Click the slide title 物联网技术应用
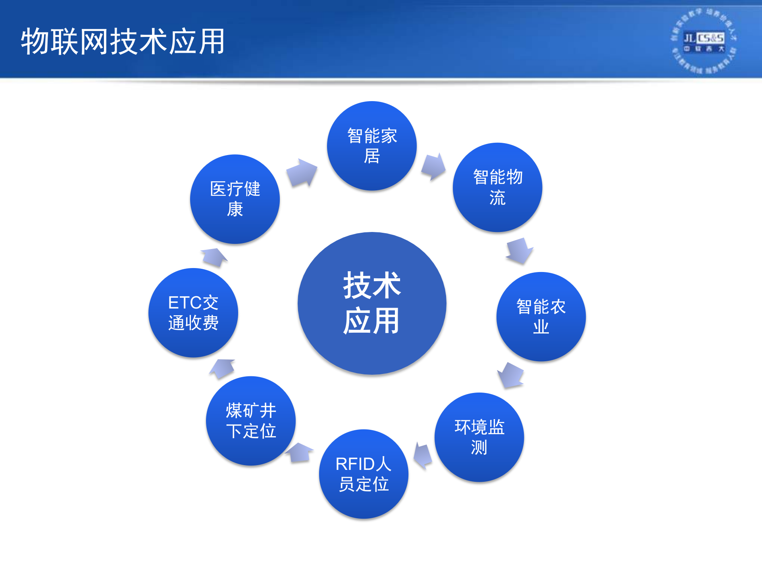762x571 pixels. (123, 41)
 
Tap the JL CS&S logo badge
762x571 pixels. (703, 40)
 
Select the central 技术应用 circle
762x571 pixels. (372, 303)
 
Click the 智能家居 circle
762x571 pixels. (372, 146)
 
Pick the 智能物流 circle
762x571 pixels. (497, 187)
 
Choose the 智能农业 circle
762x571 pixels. (541, 316)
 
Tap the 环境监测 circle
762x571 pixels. (479, 437)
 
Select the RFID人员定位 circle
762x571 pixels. (364, 474)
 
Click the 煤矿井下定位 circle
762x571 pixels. (251, 421)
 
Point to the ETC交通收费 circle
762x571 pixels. (193, 312)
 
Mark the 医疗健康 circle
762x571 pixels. (235, 199)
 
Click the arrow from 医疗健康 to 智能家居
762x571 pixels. (302, 172)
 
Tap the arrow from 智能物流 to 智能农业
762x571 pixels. (520, 251)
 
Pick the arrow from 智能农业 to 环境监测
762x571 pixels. (511, 375)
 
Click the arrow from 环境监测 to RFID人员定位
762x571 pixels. (423, 456)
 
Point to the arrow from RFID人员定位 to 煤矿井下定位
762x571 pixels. (299, 452)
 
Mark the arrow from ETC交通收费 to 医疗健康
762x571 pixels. (214, 257)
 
